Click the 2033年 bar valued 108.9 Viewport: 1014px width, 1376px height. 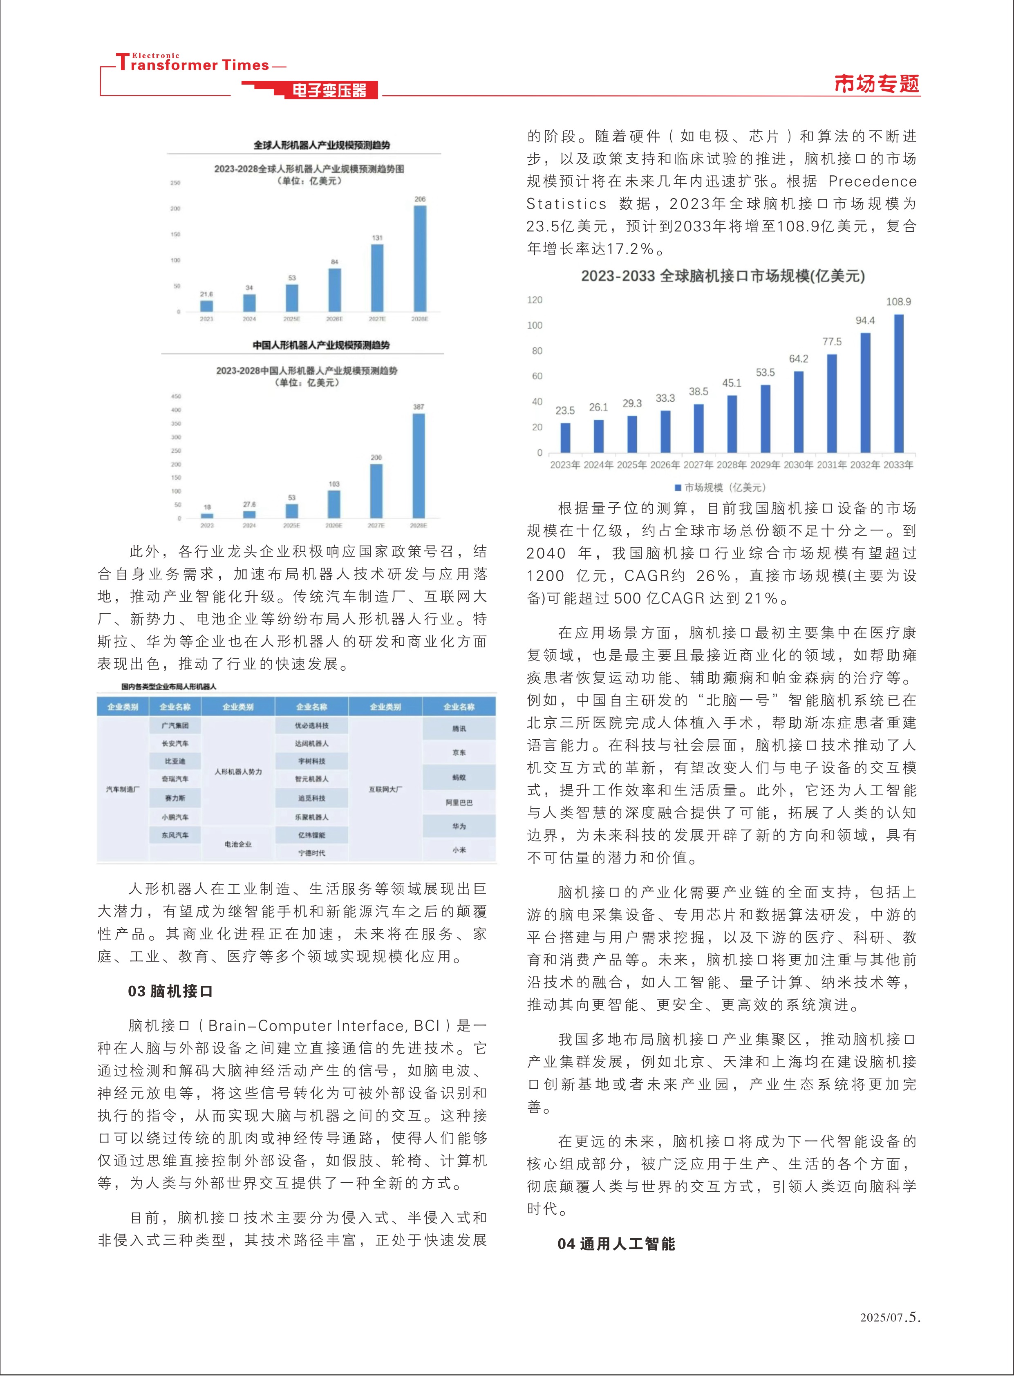pos(899,384)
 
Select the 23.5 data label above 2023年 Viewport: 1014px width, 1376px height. pos(565,411)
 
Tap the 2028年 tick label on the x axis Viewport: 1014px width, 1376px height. pos(732,465)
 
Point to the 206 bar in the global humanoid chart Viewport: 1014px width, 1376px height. pos(420,258)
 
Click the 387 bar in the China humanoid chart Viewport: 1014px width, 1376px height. pos(418,466)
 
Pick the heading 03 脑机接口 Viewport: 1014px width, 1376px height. pos(170,991)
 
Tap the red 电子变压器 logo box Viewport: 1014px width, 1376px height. pos(329,91)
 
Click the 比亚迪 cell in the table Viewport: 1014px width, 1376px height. pos(175,761)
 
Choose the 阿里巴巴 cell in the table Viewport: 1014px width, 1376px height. pos(459,802)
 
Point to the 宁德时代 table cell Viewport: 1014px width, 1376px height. pos(312,852)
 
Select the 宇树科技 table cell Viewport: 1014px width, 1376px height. pos(312,761)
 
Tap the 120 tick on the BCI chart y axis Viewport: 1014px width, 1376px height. pos(535,300)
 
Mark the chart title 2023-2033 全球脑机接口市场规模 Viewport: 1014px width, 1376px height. pos(723,276)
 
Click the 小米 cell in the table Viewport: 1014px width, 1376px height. pos(459,850)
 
